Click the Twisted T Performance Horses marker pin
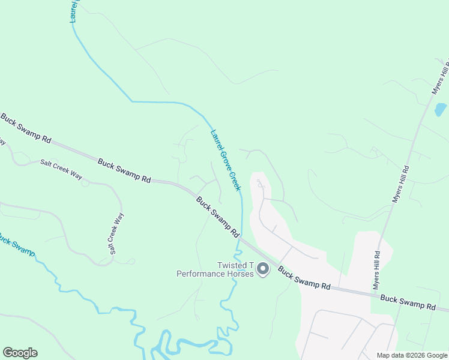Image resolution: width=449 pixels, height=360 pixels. (262, 270)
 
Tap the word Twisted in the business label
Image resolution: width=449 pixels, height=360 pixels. (232, 266)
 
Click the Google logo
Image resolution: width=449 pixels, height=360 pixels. (20, 353)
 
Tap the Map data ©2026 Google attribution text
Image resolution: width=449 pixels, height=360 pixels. (411, 355)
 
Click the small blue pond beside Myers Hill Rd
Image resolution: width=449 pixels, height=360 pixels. (441, 110)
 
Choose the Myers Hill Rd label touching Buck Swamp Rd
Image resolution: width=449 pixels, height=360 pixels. (376, 269)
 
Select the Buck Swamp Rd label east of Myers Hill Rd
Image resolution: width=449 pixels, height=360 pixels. (408, 302)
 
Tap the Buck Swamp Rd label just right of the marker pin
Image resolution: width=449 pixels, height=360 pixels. (304, 278)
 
